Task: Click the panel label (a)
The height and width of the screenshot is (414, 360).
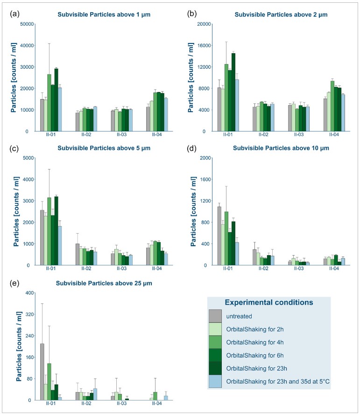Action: pos(14,14)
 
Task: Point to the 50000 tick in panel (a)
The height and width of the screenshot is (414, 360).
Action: pos(28,24)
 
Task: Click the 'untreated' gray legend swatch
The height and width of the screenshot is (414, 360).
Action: pos(215,316)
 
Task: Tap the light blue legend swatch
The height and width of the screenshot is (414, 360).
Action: pos(215,381)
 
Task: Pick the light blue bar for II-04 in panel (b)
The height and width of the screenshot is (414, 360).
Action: pos(343,113)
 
